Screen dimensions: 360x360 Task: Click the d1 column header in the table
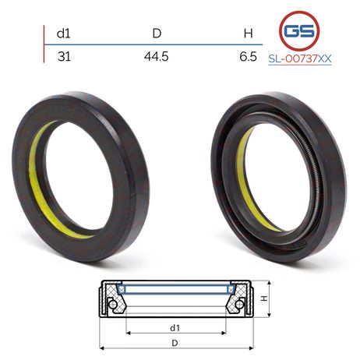tap(63, 34)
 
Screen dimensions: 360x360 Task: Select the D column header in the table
tap(157, 34)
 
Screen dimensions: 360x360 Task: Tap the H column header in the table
tap(249, 34)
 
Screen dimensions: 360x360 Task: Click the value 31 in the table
tap(64, 56)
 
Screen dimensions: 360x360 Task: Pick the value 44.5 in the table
tap(157, 56)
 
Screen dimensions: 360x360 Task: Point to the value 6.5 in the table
tap(249, 56)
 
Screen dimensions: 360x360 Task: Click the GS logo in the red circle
tap(299, 31)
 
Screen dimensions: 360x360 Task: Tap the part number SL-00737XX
tap(300, 59)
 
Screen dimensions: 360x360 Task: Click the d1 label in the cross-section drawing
tap(175, 328)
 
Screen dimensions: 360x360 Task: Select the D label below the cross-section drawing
tap(175, 343)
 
